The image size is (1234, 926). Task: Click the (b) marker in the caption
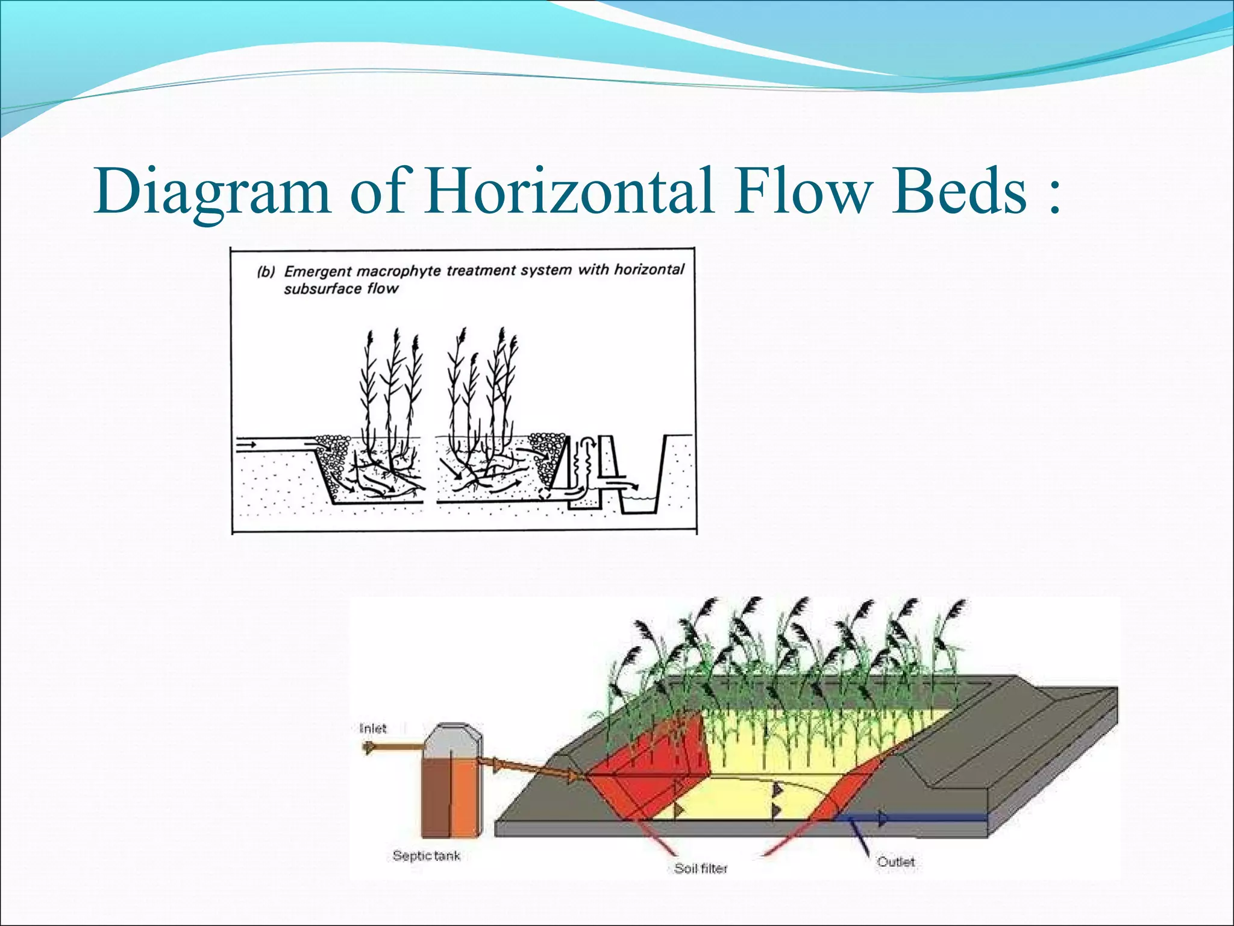[266, 272]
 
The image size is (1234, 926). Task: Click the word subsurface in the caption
[322, 289]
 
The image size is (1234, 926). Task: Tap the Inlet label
[372, 728]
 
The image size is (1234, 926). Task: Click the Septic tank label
[426, 855]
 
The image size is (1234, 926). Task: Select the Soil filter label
[701, 868]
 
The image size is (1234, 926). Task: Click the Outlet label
[896, 861]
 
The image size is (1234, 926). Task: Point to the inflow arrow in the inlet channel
[246, 445]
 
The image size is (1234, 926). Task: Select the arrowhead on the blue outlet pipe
[883, 818]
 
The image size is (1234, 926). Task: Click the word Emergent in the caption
[318, 271]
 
